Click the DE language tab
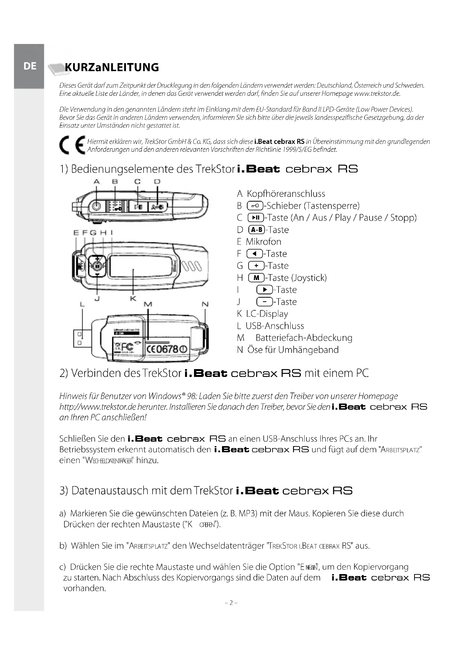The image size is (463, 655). [x=30, y=66]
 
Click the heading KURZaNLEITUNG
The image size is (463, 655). [x=112, y=67]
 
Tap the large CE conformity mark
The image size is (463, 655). [x=73, y=145]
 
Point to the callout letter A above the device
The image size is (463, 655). [x=96, y=181]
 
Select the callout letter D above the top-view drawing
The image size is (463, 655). [x=157, y=181]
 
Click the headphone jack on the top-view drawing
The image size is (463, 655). [x=96, y=206]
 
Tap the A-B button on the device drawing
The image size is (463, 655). [x=157, y=207]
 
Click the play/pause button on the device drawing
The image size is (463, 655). [x=138, y=207]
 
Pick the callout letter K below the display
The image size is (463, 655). [x=133, y=299]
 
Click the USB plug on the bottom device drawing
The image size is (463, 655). [x=82, y=338]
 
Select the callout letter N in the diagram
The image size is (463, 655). [x=205, y=304]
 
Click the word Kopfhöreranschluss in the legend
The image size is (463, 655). [x=286, y=194]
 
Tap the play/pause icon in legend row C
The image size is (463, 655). [x=256, y=218]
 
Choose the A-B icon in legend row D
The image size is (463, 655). [x=257, y=230]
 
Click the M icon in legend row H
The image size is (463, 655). [x=256, y=278]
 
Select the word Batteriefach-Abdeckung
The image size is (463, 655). [x=304, y=338]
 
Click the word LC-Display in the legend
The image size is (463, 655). [x=267, y=314]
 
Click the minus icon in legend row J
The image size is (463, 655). [x=264, y=302]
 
